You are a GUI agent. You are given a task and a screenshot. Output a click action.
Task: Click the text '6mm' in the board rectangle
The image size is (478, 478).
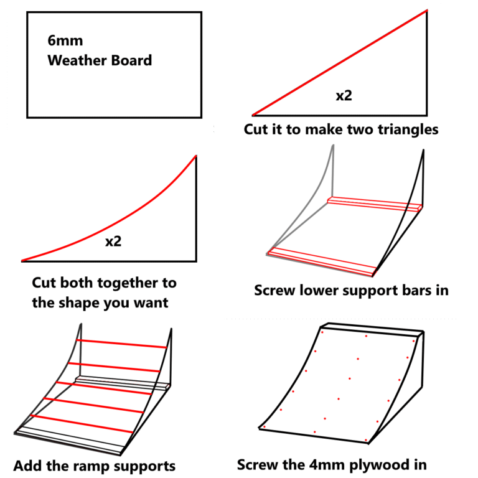(65, 42)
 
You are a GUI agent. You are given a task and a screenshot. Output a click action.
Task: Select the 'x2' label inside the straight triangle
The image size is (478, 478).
(344, 96)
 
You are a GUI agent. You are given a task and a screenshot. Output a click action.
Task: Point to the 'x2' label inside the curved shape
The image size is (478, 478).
(113, 241)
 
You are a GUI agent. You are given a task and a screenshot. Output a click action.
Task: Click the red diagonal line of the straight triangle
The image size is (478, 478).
(339, 62)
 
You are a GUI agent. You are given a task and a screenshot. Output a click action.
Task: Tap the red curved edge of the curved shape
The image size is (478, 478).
(124, 218)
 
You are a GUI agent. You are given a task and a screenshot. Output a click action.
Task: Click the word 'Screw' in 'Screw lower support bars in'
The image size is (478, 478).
(274, 291)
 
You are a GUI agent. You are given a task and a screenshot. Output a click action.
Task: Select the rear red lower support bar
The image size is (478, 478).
(373, 204)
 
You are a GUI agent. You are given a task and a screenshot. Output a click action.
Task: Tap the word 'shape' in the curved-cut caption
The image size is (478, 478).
(81, 303)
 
